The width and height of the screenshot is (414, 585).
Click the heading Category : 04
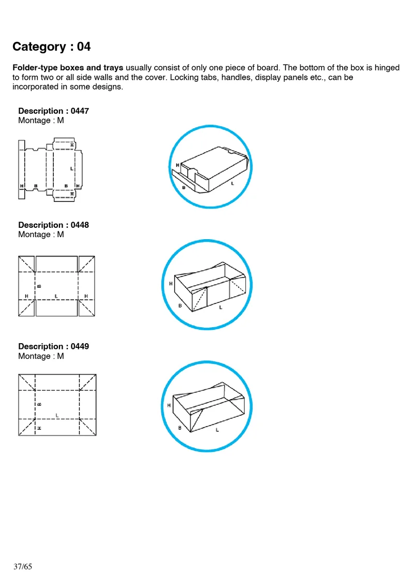(x=51, y=47)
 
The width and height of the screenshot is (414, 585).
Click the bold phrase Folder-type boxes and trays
(x=68, y=68)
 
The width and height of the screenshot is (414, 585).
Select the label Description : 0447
(x=53, y=111)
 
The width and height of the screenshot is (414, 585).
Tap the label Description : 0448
(x=53, y=225)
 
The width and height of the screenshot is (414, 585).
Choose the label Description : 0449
(x=53, y=346)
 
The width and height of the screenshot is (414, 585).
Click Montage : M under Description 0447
(x=41, y=121)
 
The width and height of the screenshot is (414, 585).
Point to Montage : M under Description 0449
(x=41, y=356)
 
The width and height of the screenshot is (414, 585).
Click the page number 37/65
(x=23, y=567)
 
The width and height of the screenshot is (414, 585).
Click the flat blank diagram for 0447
(x=51, y=168)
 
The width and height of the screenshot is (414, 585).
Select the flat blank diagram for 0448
(x=56, y=285)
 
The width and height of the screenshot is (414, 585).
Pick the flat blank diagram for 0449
(x=57, y=404)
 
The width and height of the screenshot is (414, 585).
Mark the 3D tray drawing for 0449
(x=207, y=406)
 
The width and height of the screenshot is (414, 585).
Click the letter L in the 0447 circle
(x=232, y=184)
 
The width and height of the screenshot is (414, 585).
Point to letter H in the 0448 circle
(x=171, y=283)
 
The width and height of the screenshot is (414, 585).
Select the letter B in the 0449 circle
(x=180, y=428)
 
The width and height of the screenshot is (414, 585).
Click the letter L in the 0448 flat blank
(x=56, y=296)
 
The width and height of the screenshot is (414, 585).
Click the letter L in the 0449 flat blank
(x=57, y=415)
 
